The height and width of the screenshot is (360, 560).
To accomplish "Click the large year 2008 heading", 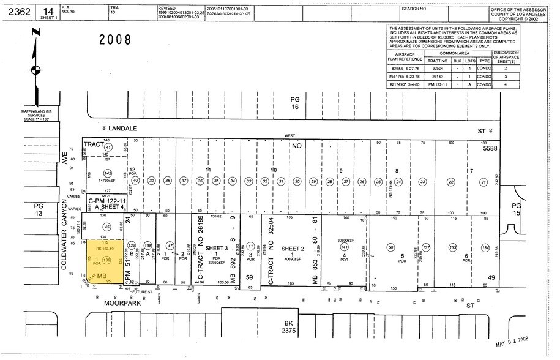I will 116,40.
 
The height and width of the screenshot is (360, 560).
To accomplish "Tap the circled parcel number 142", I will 108,174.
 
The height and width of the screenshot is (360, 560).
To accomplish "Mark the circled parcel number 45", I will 106,228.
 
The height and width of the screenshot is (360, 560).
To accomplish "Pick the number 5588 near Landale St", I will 491,148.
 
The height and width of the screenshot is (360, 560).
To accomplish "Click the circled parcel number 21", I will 483,181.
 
